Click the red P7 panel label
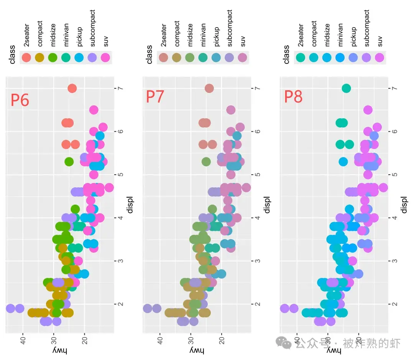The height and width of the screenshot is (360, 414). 154,96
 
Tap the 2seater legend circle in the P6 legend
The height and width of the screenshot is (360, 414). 26,58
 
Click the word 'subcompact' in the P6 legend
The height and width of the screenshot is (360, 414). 92,28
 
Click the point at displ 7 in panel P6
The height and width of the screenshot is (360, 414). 72,88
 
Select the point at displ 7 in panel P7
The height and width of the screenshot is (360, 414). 209,88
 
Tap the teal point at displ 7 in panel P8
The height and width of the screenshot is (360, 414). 346,88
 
